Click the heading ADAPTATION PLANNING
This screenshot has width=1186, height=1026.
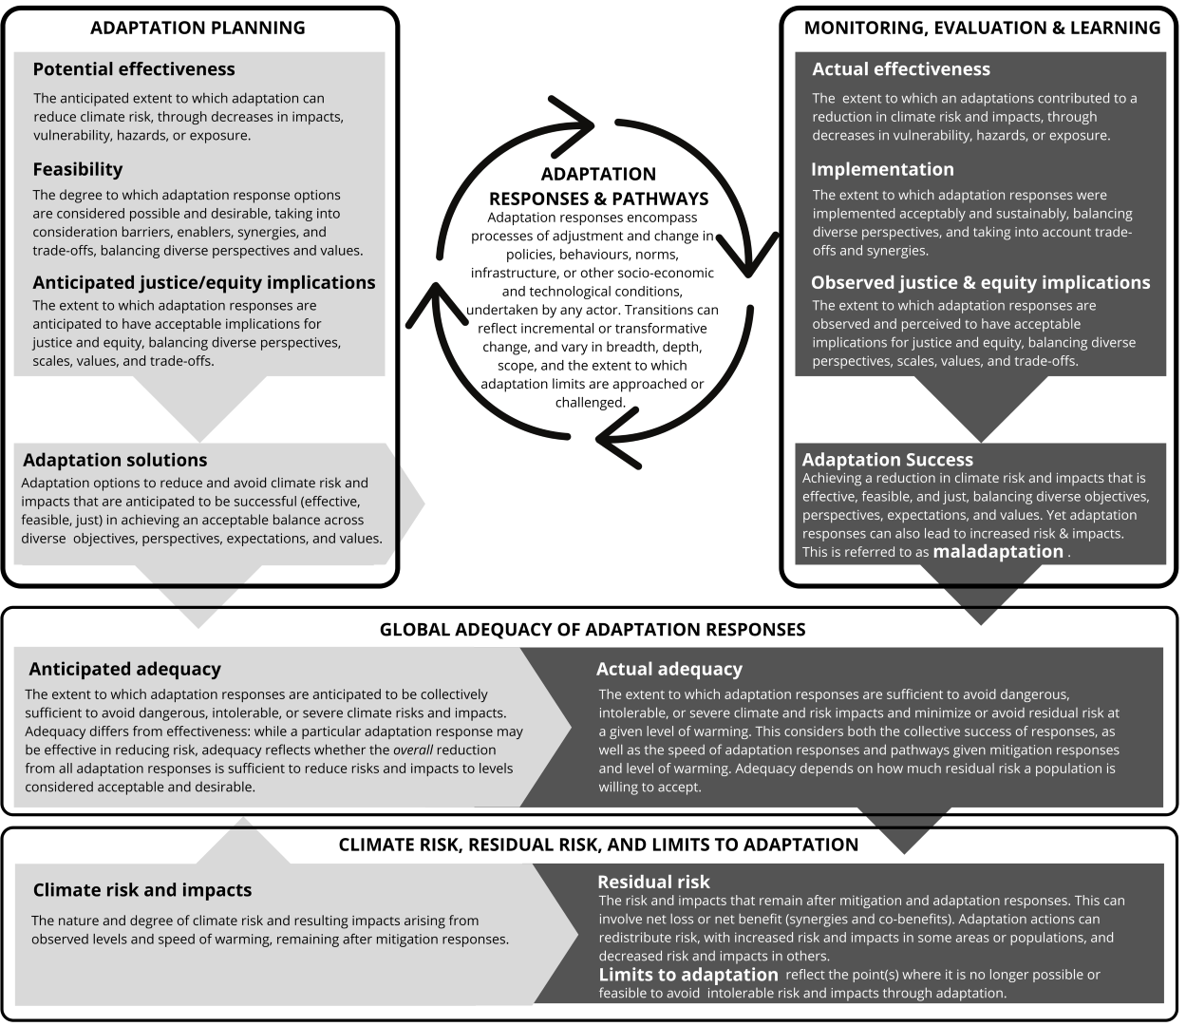pyautogui.click(x=198, y=28)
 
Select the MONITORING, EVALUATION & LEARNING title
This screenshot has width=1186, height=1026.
pyautogui.click(x=982, y=28)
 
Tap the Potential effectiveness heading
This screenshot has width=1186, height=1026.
pyautogui.click(x=134, y=69)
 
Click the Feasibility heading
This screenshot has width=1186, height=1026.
pyautogui.click(x=78, y=169)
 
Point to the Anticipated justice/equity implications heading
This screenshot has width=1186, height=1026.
pyautogui.click(x=204, y=282)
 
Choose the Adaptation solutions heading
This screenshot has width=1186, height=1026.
pyautogui.click(x=115, y=460)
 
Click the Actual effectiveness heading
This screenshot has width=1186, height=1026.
pyautogui.click(x=900, y=69)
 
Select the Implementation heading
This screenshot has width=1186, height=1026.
pyautogui.click(x=882, y=169)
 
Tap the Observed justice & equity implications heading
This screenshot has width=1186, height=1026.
pyautogui.click(x=980, y=282)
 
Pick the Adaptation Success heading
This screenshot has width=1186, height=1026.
pyautogui.click(x=887, y=460)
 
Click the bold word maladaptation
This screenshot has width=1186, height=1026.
pyautogui.click(x=998, y=551)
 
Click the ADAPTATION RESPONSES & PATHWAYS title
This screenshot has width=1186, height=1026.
pyautogui.click(x=598, y=186)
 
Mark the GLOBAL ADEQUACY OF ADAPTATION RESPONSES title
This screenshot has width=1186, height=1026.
pyautogui.click(x=593, y=629)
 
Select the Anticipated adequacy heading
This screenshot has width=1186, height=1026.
pyautogui.click(x=124, y=669)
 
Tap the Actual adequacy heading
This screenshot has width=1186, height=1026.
pyautogui.click(x=668, y=669)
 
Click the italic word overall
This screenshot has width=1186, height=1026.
pyautogui.click(x=413, y=750)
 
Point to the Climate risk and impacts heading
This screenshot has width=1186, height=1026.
pyautogui.click(x=142, y=890)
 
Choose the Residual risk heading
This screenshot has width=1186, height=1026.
pyautogui.click(x=653, y=882)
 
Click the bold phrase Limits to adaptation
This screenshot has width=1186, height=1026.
pyautogui.click(x=688, y=975)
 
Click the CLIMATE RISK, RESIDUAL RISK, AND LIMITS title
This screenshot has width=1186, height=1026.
pyautogui.click(x=598, y=845)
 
